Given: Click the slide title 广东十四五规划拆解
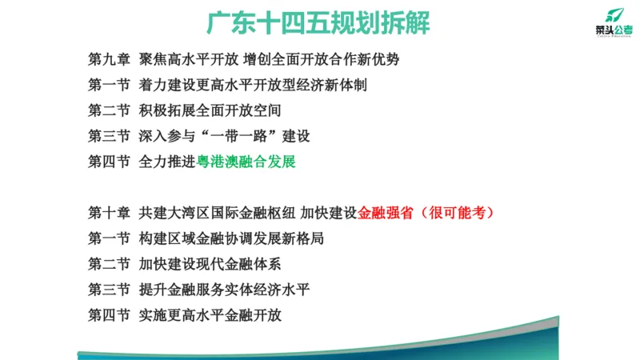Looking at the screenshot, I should click(318, 22).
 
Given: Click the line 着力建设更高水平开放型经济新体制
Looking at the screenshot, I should click(253, 85).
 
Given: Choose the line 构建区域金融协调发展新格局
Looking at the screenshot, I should click(231, 238).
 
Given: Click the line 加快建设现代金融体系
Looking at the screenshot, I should click(210, 264).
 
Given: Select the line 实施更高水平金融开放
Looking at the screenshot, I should click(210, 315).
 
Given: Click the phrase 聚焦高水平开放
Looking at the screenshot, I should click(188, 59).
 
